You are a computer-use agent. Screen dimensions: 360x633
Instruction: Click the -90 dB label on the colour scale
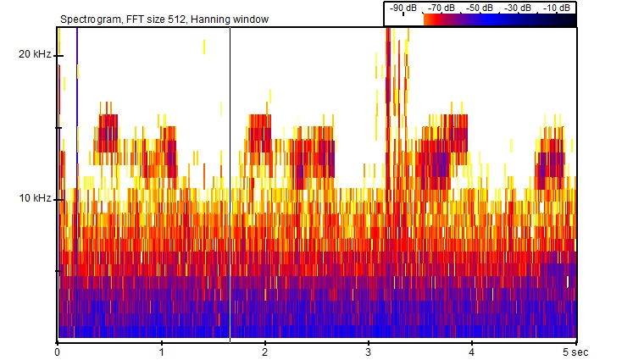[x=403, y=8]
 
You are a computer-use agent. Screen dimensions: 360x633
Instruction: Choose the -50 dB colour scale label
[x=480, y=8]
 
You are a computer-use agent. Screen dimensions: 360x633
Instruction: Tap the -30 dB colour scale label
[x=519, y=8]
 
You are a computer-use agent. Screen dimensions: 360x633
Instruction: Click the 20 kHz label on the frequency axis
[x=34, y=55]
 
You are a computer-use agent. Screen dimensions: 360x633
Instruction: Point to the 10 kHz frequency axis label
[x=34, y=199]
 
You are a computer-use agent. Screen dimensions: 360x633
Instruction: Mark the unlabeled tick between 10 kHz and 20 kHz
[x=58, y=127]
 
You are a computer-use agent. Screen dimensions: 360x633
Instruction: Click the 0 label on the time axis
[x=57, y=351]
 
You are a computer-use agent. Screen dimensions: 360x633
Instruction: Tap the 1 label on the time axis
[x=161, y=351]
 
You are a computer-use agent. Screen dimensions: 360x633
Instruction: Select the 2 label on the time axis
[x=265, y=351]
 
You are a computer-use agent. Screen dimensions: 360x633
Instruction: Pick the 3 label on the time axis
[x=369, y=351]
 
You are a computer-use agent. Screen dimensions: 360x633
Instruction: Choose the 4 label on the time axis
[x=472, y=351]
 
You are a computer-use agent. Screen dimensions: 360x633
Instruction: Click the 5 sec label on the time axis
[x=579, y=351]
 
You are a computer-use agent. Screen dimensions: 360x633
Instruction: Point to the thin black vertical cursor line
[x=230, y=169]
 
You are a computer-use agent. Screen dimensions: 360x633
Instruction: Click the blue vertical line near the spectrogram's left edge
[x=77, y=85]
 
